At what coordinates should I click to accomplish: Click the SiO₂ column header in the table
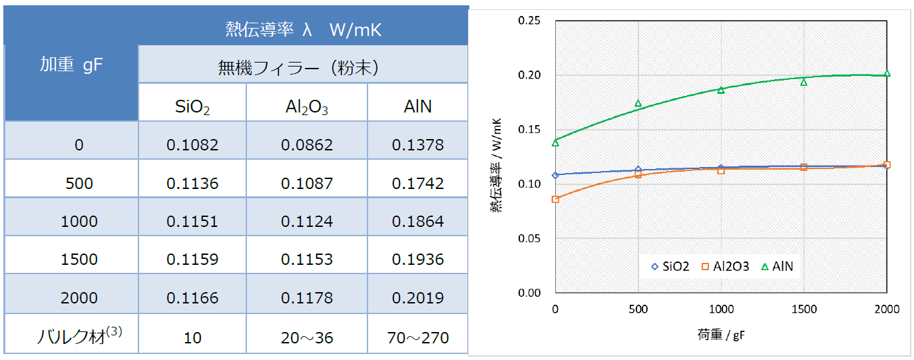coord(192,106)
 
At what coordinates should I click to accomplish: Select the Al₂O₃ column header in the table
coord(306,106)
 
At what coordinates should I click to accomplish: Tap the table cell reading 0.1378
coord(417,144)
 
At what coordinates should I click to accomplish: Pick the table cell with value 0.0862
coord(306,144)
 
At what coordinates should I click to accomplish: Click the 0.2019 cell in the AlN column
coord(417,297)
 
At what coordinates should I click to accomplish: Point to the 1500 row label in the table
coord(79,260)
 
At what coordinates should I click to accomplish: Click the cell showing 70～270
coord(417,337)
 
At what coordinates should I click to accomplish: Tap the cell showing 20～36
coord(306,337)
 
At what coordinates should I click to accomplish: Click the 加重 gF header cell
coord(71,65)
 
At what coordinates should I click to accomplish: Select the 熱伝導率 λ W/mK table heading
coord(303,30)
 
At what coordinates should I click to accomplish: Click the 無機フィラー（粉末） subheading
coord(303,67)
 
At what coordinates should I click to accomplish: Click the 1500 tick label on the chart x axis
coord(803,309)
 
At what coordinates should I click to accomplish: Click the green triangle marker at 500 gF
coord(638,103)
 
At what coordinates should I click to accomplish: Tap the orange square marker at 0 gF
coord(555,199)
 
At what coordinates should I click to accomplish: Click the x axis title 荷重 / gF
coord(722,335)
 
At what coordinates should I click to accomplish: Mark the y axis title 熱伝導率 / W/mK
coord(496,166)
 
